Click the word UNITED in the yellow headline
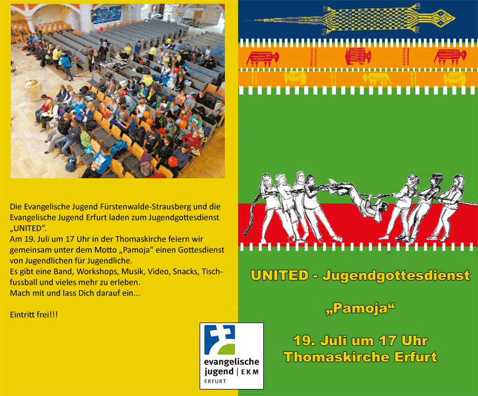(x=280, y=276)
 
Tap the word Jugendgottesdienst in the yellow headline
(x=395, y=276)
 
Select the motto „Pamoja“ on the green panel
(x=360, y=308)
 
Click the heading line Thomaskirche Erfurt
(x=360, y=357)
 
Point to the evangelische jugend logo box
(x=231, y=356)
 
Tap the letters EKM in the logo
(x=250, y=372)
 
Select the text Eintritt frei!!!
(x=34, y=314)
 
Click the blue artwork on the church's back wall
(x=106, y=15)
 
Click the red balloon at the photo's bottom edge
(x=173, y=162)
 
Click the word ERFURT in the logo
(x=215, y=381)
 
